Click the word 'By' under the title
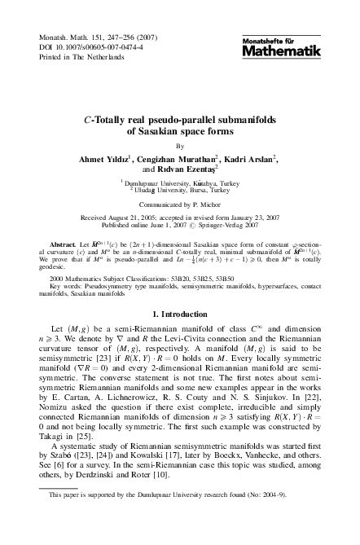[180, 146]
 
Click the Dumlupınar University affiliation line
[179, 186]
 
